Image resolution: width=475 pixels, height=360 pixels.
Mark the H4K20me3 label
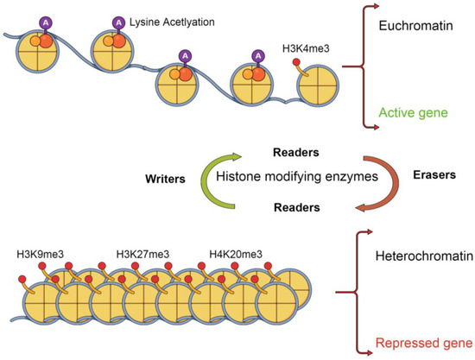237,254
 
